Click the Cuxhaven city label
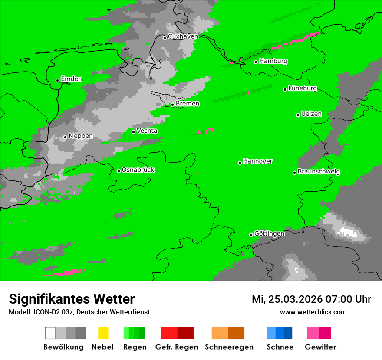(x=183, y=37)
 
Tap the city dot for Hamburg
(x=256, y=62)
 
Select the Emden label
(x=71, y=79)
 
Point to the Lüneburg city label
(x=302, y=88)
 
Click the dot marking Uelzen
(x=298, y=115)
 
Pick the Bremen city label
(x=187, y=104)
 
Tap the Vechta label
(x=147, y=131)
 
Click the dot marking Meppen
(x=65, y=137)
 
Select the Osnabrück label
(x=138, y=170)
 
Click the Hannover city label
(x=257, y=161)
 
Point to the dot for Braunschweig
(x=294, y=173)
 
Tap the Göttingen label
(x=269, y=234)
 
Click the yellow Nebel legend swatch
(x=103, y=333)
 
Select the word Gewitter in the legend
(x=320, y=347)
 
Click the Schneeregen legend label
(x=229, y=347)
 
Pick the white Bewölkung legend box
(x=50, y=333)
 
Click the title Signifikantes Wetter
(x=72, y=299)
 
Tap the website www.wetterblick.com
(x=313, y=312)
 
